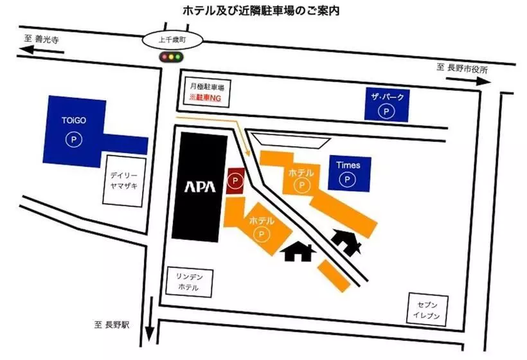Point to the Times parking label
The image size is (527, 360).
click(x=348, y=165)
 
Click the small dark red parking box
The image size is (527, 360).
click(x=235, y=181)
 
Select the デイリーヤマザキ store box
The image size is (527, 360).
click(x=123, y=181)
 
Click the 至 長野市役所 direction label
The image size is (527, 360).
click(x=461, y=68)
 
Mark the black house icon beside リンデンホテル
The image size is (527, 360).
click(x=298, y=251)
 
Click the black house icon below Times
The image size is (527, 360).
click(x=346, y=242)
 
